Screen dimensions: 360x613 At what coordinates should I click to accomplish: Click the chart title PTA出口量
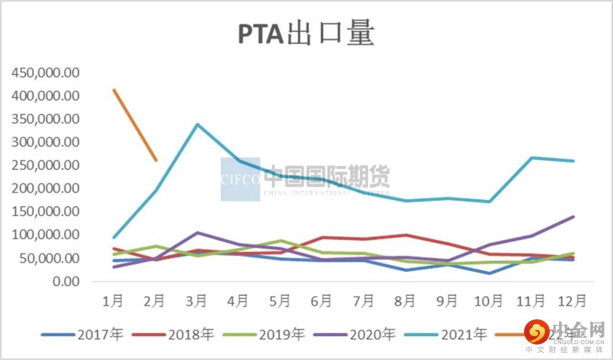point(306,34)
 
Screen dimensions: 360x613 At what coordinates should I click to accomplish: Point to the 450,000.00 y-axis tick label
point(45,73)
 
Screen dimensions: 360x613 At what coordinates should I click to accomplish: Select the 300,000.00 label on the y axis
point(45,143)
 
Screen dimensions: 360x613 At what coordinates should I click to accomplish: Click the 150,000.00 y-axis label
point(45,212)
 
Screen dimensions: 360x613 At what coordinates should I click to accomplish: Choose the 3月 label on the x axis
point(196,300)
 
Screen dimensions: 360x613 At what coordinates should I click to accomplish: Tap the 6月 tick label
point(322,300)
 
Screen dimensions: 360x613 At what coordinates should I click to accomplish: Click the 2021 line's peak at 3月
point(197,124)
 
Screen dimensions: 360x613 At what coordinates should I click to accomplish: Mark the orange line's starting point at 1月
point(114,90)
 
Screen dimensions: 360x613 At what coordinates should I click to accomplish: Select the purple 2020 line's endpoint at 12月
point(573,216)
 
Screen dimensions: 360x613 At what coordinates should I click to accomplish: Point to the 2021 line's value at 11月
point(531,158)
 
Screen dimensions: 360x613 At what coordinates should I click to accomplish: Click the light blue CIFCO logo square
point(240,179)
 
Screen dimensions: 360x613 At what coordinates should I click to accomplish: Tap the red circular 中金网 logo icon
point(536,332)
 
